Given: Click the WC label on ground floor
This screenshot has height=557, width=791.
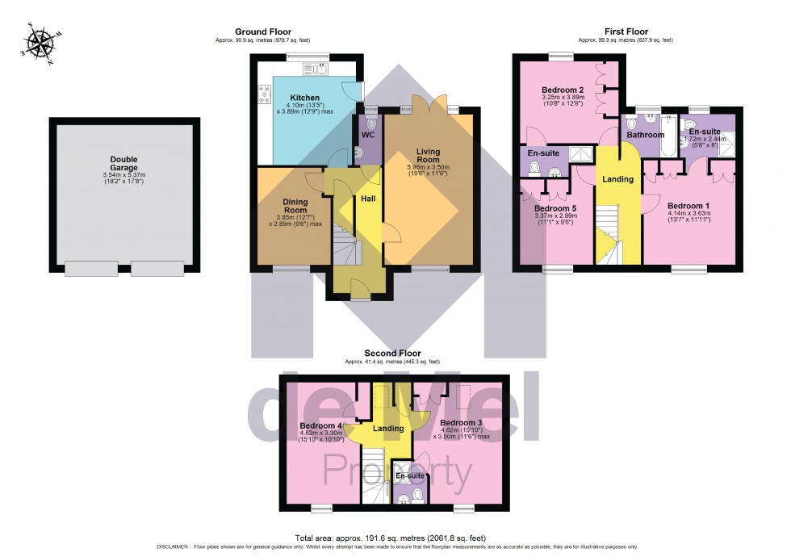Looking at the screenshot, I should pos(368,135).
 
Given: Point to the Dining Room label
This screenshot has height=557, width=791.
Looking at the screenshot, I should pos(295,207).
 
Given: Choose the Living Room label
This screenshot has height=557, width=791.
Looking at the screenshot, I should pos(428,156).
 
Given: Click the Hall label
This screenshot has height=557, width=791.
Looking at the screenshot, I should pos(368,198).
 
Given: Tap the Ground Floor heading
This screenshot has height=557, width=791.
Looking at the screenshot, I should pos(262,31).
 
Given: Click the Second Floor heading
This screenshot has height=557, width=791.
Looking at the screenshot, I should pos(392,353).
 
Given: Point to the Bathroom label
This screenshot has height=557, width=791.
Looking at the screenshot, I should pos(647,135).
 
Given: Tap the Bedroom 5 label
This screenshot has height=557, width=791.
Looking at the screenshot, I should pos(555,207).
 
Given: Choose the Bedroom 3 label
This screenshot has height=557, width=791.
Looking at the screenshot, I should pos(461,423).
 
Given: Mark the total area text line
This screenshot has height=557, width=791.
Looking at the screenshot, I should pos(395,538).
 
